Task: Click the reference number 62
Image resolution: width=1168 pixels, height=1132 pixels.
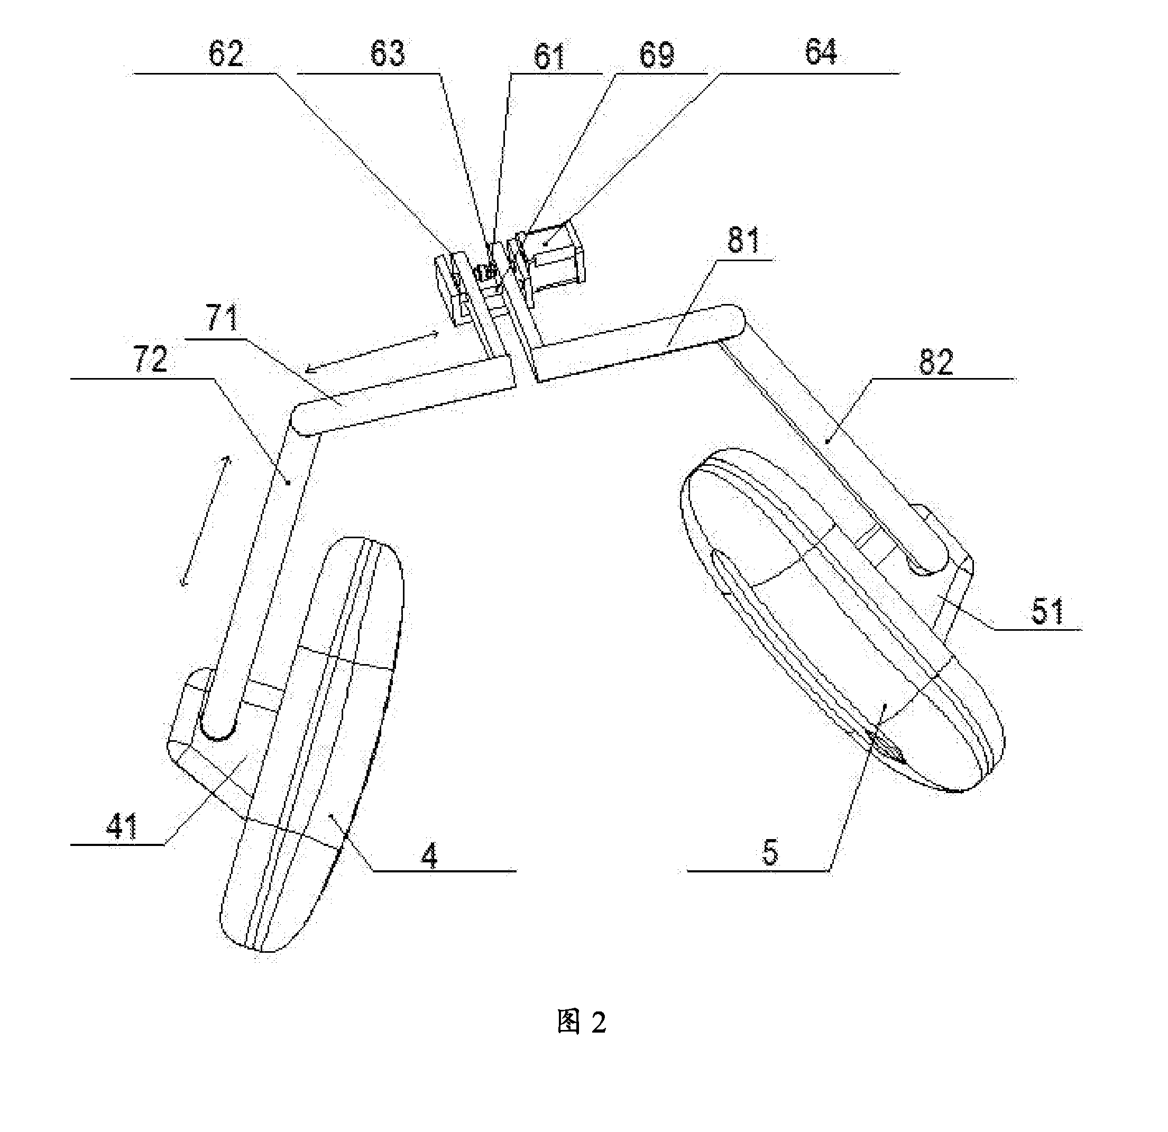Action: (226, 54)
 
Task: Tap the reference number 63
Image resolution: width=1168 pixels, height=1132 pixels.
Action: (388, 54)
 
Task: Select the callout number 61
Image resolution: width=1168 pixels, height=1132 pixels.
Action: (549, 57)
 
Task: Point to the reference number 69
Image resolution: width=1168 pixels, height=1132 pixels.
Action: (657, 56)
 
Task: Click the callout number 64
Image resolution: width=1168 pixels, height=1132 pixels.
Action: (821, 52)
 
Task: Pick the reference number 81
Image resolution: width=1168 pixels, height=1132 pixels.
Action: (744, 241)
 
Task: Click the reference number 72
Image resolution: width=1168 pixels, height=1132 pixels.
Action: (151, 359)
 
